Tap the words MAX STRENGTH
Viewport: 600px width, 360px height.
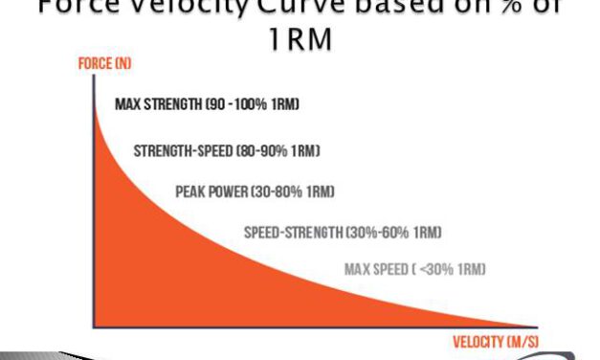pyautogui.click(x=152, y=103)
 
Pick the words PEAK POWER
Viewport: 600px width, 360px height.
pyautogui.click(x=211, y=191)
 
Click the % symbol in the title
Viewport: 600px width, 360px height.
pyautogui.click(x=493, y=8)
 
